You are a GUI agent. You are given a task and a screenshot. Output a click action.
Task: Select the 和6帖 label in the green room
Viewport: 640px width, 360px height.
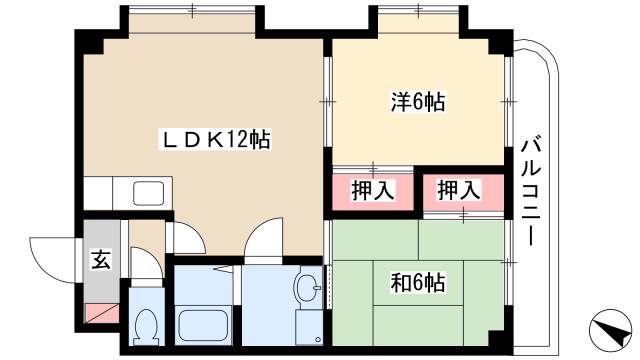click(417, 281)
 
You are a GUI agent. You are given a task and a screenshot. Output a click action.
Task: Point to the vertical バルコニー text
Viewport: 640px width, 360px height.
click(531, 190)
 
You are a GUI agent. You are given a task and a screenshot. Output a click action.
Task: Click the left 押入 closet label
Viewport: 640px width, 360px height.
click(371, 188)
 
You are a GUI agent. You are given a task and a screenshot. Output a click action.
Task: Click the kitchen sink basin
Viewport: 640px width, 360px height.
click(149, 192)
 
